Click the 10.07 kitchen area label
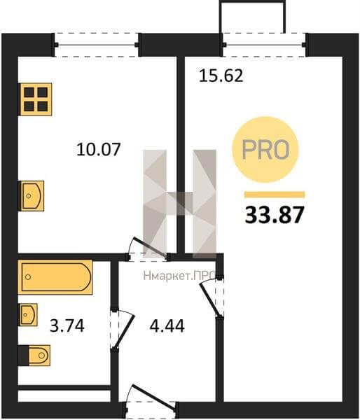98,149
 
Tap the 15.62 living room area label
221,76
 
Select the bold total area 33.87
275,215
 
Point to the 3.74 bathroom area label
67,326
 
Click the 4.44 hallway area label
167,326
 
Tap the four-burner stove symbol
35,99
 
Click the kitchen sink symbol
31,196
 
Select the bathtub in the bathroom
55,277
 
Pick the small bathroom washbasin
27,314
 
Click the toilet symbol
34,356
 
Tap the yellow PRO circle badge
265,150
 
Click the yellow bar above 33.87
275,195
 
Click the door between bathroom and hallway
121,330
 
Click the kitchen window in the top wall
97,45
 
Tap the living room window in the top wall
264,45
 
